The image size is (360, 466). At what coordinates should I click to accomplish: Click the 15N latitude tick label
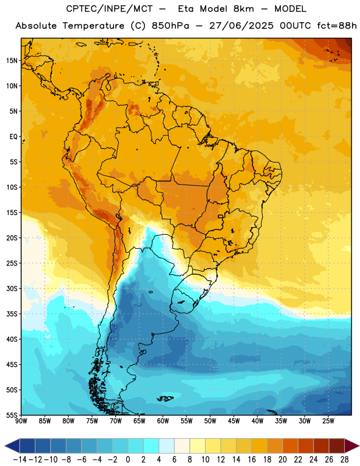tap(12, 61)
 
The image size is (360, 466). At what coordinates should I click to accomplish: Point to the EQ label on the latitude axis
tap(13, 137)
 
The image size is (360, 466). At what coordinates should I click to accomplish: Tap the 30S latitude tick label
tap(12, 288)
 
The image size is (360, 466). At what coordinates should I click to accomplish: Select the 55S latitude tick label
tap(12, 415)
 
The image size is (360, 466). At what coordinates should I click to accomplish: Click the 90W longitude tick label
tap(22, 421)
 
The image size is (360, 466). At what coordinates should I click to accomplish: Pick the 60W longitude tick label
tap(163, 421)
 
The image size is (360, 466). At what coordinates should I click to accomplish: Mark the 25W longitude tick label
tap(328, 421)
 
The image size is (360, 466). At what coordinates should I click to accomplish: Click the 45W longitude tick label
tap(234, 421)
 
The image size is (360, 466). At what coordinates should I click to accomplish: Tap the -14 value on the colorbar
tap(20, 460)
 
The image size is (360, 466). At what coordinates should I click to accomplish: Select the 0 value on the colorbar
tap(128, 460)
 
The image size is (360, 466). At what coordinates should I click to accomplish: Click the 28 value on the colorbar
tap(344, 460)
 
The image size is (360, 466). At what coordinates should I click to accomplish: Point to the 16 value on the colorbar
tap(252, 460)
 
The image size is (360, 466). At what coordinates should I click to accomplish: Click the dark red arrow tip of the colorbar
tap(359, 446)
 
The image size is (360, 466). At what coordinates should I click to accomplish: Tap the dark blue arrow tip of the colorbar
tap(5, 446)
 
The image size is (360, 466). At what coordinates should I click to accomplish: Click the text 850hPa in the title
tap(170, 26)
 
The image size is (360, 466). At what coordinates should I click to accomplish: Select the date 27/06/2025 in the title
tap(241, 26)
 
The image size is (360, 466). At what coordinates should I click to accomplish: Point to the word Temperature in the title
tap(94, 26)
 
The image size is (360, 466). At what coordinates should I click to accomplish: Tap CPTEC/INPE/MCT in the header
tap(110, 9)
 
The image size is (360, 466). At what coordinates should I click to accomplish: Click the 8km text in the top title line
tap(243, 9)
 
